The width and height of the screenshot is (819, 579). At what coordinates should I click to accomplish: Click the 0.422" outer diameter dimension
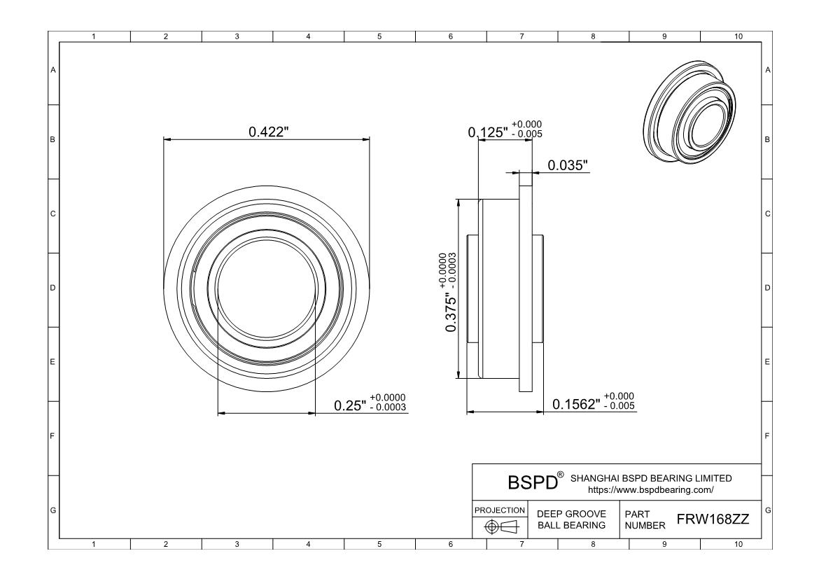click(x=269, y=132)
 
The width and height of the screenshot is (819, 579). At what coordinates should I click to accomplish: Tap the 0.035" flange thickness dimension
click(x=568, y=165)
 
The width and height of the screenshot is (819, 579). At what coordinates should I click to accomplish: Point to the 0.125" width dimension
click(x=488, y=132)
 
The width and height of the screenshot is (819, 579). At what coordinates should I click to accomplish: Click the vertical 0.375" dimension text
click(x=451, y=312)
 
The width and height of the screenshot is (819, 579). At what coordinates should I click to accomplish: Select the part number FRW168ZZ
click(x=713, y=519)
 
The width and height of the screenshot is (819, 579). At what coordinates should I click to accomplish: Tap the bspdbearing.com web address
click(x=651, y=489)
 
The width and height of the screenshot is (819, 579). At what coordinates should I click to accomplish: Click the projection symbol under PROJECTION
click(x=501, y=526)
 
